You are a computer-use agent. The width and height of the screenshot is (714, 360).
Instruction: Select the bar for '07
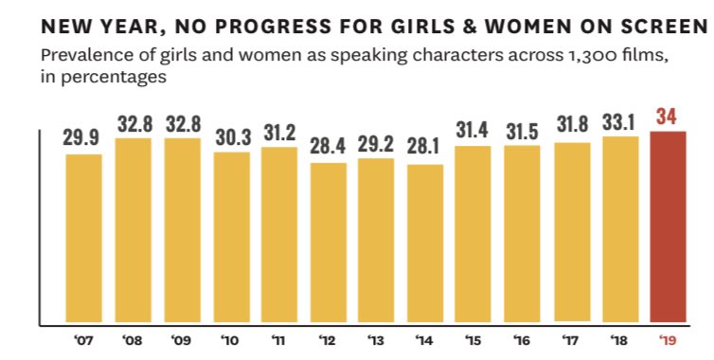point(84,239)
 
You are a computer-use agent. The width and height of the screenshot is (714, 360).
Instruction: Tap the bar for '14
point(425,244)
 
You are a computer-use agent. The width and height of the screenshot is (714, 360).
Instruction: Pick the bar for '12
point(328,243)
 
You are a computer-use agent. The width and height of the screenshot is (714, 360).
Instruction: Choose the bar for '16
point(523,234)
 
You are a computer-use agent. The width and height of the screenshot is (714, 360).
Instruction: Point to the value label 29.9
point(84,138)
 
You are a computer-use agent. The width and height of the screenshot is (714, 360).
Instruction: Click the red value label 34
point(668,117)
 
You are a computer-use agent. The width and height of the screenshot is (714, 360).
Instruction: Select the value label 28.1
point(425,149)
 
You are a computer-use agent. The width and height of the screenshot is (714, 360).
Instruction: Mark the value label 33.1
point(620,121)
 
